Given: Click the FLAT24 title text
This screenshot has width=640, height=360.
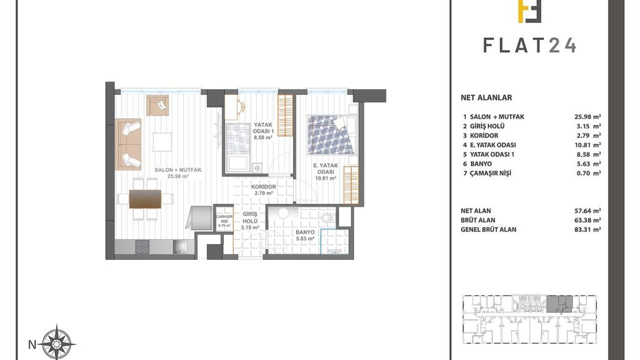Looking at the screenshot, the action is point(529,45).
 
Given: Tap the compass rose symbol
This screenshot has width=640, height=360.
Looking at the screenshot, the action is point(58,343).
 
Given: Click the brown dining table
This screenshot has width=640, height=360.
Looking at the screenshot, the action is point(145,199).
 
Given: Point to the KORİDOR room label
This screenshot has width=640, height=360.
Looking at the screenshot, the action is point(263,187).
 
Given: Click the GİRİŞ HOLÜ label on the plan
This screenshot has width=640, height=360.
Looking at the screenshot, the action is point(250,217).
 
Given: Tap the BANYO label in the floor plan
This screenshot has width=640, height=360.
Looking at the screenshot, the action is point(305,232).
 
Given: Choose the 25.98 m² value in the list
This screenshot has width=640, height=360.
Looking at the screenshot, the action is point(587,116).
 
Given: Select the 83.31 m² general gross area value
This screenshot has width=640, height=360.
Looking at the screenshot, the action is point(587,229).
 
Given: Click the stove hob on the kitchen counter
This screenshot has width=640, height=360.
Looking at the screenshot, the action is point(142,247).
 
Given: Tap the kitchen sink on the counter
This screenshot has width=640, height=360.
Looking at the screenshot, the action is point(180,247).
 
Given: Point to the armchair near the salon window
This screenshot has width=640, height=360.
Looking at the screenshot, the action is point(157,105).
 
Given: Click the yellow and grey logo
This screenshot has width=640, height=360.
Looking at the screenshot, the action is point(529,11).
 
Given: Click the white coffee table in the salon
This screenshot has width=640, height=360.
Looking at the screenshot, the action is point(162,141).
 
